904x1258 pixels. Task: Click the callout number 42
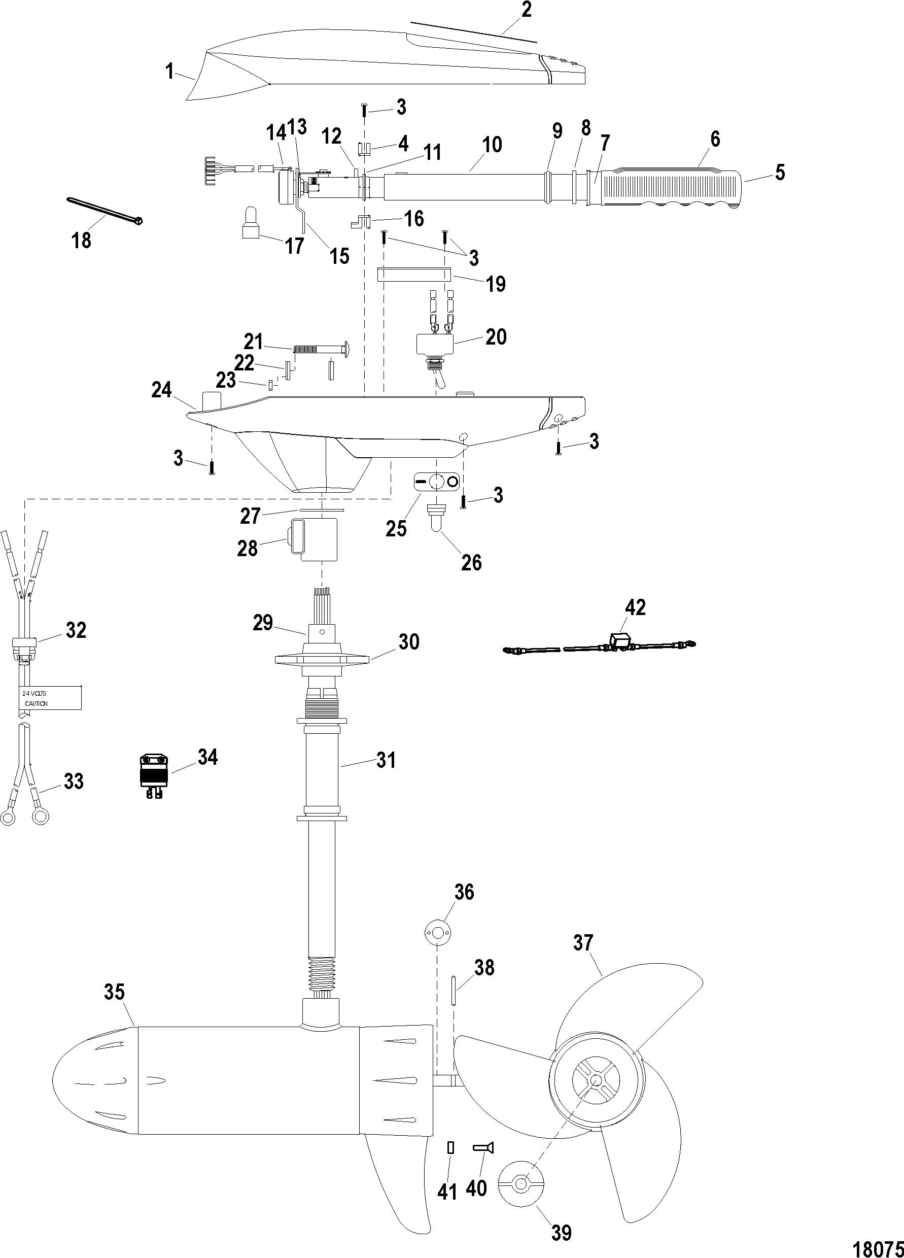point(635,607)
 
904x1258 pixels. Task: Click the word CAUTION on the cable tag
point(36,703)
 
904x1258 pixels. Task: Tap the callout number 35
point(115,991)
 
